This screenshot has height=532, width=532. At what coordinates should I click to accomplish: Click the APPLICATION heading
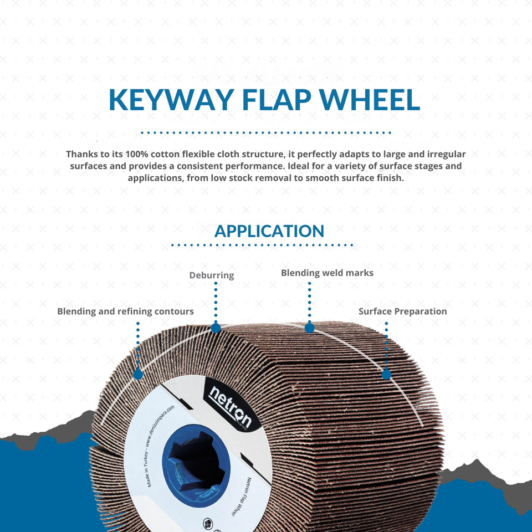(x=269, y=231)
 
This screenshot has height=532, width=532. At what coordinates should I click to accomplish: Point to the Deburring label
(x=212, y=275)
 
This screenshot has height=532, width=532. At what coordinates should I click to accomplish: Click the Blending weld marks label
(x=327, y=273)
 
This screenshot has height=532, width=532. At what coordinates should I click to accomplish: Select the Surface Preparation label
(x=402, y=311)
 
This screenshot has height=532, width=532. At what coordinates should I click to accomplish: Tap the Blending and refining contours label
(x=125, y=311)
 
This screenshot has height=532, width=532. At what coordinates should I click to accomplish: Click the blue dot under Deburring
(x=216, y=328)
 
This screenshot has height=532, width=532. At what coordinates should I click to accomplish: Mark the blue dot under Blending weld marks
(x=310, y=328)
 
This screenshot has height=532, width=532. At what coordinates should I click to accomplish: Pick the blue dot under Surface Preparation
(x=386, y=375)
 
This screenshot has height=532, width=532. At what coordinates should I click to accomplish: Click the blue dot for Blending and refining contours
(x=138, y=375)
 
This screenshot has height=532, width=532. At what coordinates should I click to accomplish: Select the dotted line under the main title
(x=266, y=133)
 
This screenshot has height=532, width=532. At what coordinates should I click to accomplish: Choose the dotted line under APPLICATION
(x=262, y=244)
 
